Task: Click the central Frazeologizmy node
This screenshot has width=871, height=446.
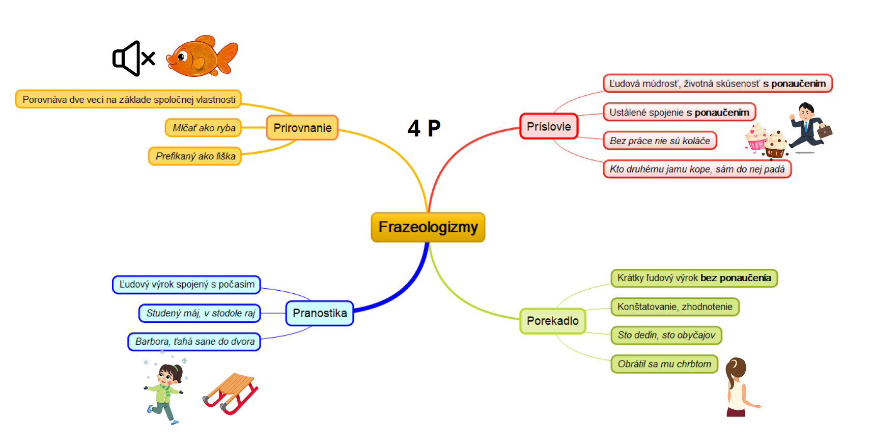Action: click(428, 227)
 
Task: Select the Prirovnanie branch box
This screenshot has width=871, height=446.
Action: click(302, 128)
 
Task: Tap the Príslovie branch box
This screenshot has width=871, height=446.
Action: click(549, 126)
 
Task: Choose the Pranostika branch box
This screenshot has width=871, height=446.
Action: click(320, 313)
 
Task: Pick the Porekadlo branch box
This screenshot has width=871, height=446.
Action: click(552, 321)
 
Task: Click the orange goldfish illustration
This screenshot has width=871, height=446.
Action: click(202, 57)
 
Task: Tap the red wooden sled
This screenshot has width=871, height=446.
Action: click(231, 394)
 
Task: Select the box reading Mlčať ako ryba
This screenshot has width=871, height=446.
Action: click(204, 128)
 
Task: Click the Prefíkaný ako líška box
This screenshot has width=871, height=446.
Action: click(195, 156)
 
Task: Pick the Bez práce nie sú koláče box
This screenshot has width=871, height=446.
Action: click(660, 141)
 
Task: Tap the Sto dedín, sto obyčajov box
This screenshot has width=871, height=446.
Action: click(666, 335)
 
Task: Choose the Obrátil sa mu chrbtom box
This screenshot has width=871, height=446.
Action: click(664, 364)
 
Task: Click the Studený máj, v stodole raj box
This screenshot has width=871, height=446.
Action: click(200, 313)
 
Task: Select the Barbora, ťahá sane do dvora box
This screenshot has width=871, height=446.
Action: click(194, 342)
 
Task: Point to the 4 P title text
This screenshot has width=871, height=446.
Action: click(424, 128)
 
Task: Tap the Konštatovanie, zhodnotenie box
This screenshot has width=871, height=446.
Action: click(675, 306)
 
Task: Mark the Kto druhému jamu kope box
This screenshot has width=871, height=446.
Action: click(697, 169)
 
